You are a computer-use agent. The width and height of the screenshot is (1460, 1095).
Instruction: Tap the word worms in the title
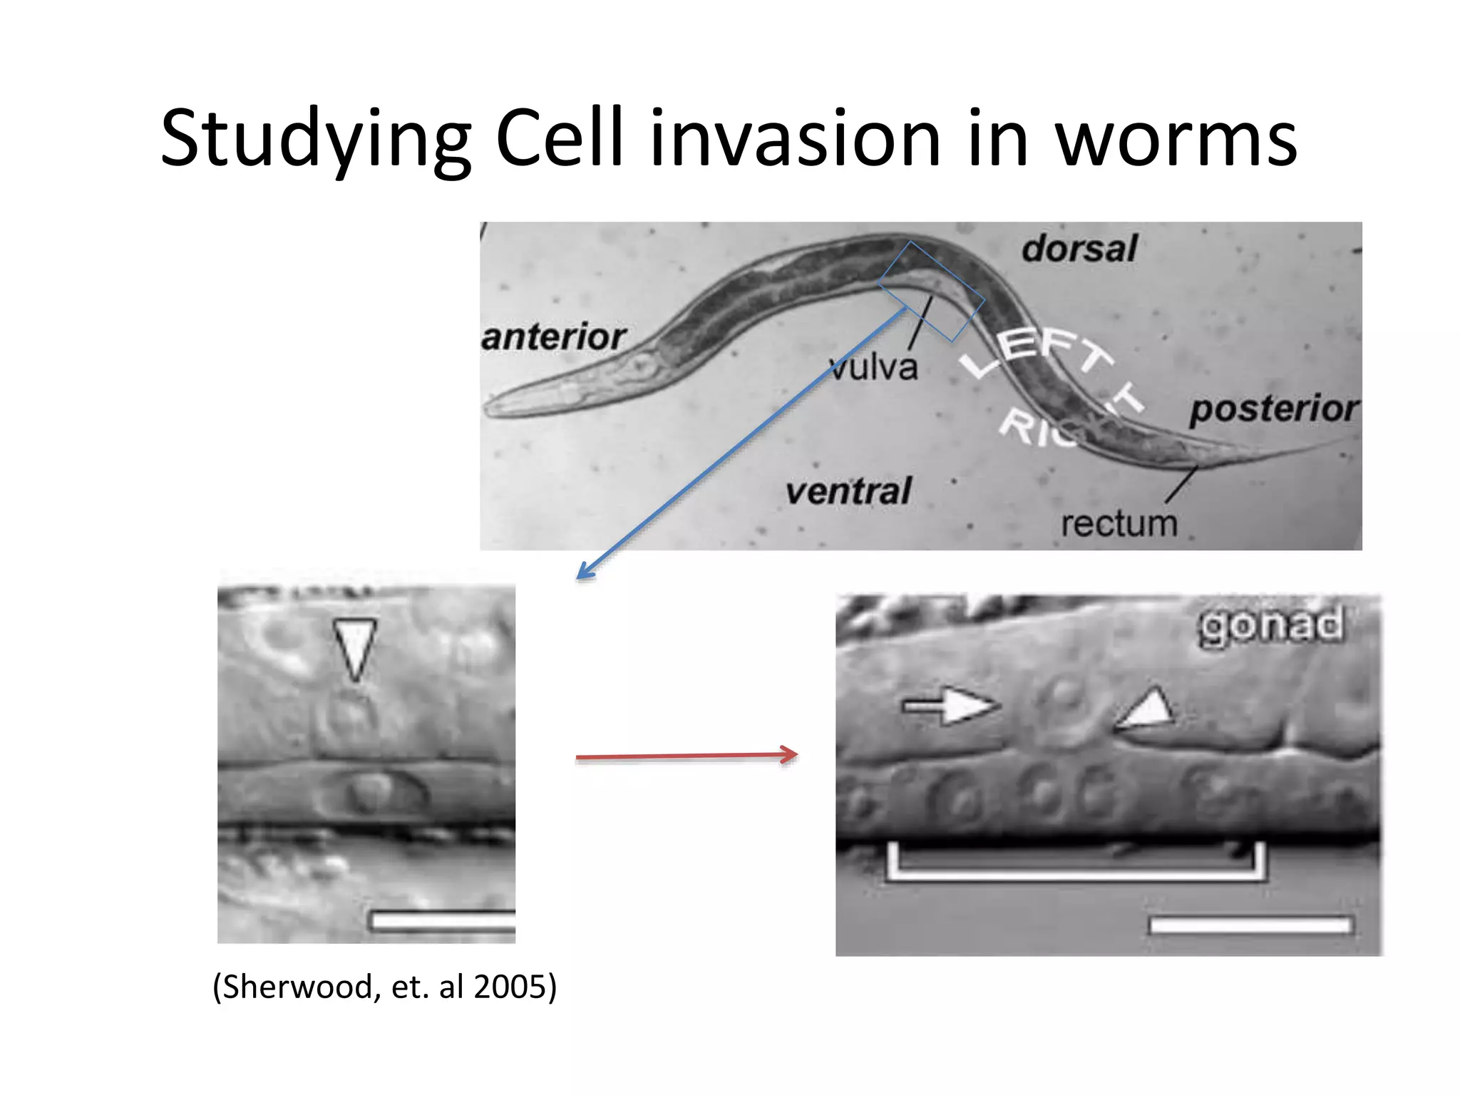(1176, 139)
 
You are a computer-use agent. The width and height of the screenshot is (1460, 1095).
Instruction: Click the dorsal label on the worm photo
(1079, 249)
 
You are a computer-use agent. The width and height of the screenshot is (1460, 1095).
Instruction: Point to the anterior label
(554, 336)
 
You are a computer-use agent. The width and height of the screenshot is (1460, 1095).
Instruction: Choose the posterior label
(1274, 409)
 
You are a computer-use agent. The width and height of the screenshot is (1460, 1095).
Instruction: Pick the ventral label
(848, 491)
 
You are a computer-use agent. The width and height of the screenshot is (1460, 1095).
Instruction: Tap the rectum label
(1119, 524)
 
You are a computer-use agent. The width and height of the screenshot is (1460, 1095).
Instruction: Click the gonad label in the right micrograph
(1271, 625)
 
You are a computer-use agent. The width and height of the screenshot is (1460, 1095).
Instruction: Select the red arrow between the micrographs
(686, 756)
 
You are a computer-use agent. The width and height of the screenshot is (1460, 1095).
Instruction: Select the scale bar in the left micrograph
(443, 921)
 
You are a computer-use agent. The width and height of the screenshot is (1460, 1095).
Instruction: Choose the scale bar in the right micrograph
(1251, 925)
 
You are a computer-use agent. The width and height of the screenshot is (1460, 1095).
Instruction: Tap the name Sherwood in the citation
(300, 987)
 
